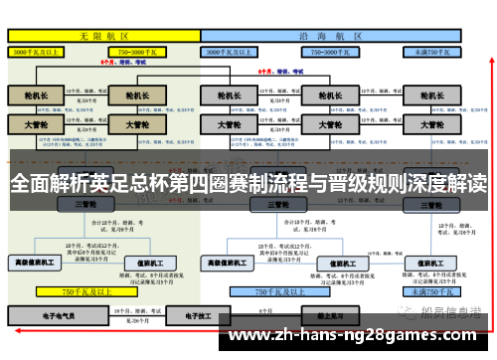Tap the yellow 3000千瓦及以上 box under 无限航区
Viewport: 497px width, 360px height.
point(36,51)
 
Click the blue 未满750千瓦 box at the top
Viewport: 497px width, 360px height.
point(432,51)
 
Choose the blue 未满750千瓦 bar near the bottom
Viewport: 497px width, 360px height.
point(432,292)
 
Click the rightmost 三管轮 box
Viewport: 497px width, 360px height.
point(432,204)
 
